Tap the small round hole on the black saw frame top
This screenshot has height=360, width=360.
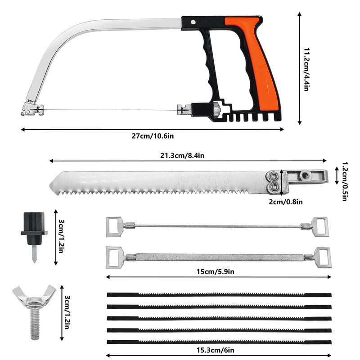tap(193, 22)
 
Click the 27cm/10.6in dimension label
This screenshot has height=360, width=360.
tap(153, 136)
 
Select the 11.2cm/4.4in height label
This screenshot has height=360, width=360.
tap(306, 69)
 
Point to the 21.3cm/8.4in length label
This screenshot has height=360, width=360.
tap(182, 155)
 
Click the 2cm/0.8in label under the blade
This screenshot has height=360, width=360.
tap(286, 202)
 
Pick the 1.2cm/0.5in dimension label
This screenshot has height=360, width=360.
tap(345, 181)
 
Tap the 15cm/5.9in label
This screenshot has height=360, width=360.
tap(216, 272)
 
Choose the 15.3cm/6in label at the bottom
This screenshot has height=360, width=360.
tap(216, 350)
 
